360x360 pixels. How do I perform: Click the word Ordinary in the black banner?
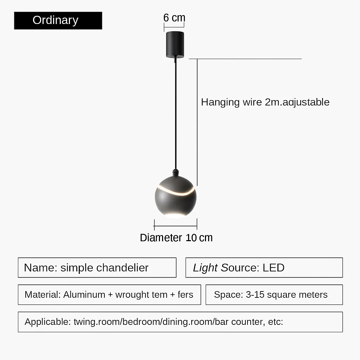[x=55, y=20]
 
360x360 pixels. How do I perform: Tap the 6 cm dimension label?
[x=174, y=18]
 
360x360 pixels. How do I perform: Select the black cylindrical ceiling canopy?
[x=175, y=45]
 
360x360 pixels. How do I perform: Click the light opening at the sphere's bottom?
[x=175, y=216]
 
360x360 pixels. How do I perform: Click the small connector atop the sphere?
[x=176, y=173]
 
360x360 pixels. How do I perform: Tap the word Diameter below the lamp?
[x=161, y=238]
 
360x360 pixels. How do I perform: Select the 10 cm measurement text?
[x=199, y=238]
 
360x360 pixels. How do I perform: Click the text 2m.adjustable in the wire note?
[x=297, y=102]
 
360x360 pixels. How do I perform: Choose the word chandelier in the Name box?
[x=122, y=268]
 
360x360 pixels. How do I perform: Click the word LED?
[x=274, y=268]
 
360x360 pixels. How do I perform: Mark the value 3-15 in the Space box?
[x=255, y=295]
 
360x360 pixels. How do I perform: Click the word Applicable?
[x=47, y=322]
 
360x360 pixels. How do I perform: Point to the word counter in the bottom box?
[x=248, y=322]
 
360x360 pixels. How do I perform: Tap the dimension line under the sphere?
[x=176, y=226]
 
